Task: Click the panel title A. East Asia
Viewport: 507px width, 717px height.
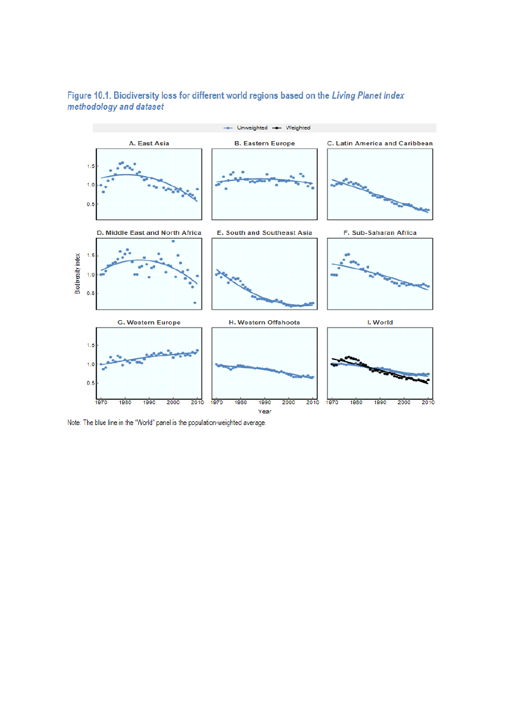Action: coord(149,143)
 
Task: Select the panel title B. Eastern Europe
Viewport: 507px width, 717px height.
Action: coord(264,143)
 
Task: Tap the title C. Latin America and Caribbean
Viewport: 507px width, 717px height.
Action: coord(380,143)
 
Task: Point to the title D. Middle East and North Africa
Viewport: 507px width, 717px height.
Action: coord(149,232)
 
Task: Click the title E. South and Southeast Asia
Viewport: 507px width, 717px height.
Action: coord(264,232)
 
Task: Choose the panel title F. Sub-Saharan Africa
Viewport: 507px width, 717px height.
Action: coord(380,232)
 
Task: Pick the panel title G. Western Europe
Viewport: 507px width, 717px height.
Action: coord(149,322)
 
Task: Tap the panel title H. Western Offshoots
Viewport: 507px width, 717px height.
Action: coord(264,322)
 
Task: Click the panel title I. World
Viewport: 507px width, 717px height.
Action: coord(380,322)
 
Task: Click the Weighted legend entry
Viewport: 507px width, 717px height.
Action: coord(297,128)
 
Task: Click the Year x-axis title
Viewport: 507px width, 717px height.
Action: coord(264,411)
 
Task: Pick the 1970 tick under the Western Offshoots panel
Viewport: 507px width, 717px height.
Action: coord(217,403)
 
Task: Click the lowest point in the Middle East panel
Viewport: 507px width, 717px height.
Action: coord(195,302)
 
